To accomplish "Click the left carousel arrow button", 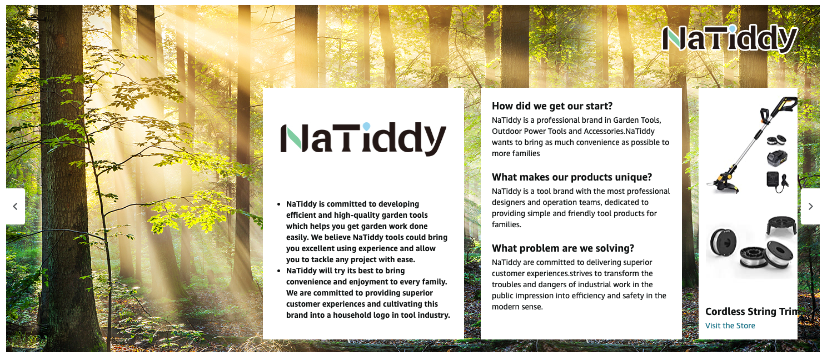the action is click(x=16, y=207).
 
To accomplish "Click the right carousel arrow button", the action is click(x=810, y=207).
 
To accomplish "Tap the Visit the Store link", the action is click(x=730, y=326).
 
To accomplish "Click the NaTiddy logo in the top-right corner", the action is click(x=730, y=38).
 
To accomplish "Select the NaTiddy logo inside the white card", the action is click(x=363, y=138).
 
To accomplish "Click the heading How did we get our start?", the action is click(x=552, y=106).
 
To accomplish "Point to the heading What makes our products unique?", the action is click(x=572, y=177).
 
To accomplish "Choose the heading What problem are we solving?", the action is click(x=562, y=248).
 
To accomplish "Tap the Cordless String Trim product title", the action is click(x=751, y=312).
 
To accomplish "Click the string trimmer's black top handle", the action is click(x=779, y=107).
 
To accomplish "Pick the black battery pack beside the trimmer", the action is click(x=777, y=158).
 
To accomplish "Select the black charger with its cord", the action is click(x=777, y=182).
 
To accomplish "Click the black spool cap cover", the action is click(x=781, y=225).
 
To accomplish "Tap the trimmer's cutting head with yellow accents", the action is click(x=724, y=182).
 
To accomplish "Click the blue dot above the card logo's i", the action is click(x=366, y=126).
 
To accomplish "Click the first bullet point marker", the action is click(x=279, y=204).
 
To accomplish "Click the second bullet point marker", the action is click(x=279, y=271).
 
